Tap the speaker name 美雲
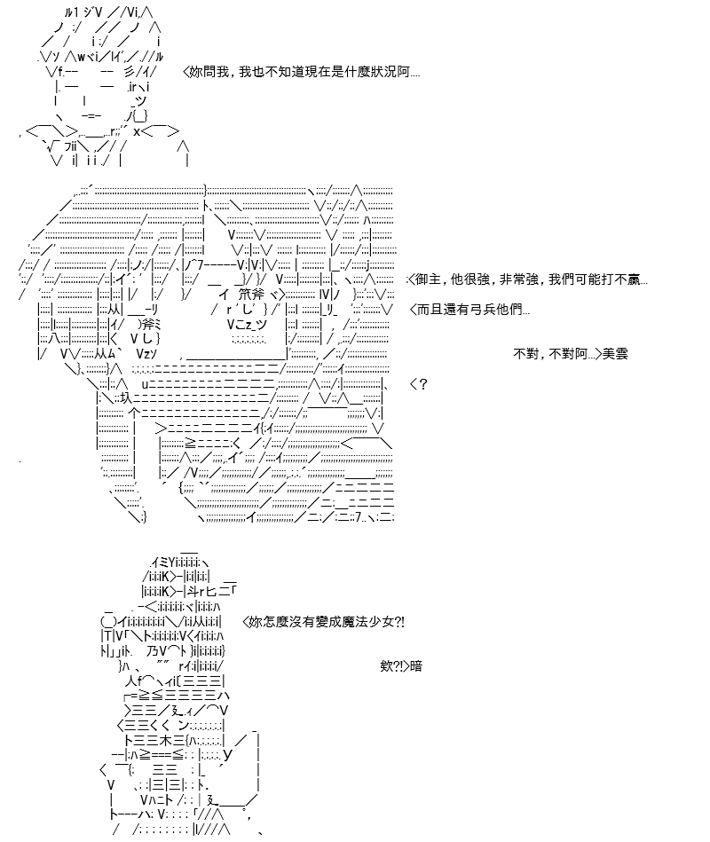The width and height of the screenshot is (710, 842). (x=615, y=354)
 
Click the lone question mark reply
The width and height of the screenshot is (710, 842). (x=423, y=384)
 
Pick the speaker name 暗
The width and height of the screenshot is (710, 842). (x=416, y=666)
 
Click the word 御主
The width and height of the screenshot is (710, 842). (x=428, y=279)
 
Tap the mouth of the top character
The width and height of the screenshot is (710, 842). (x=91, y=115)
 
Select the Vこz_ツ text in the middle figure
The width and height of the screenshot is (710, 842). (x=247, y=325)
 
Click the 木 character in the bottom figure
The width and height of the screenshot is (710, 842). (x=165, y=741)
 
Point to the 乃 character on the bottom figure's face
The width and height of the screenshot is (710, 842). (x=152, y=651)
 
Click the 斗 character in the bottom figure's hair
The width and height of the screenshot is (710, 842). (x=193, y=591)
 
